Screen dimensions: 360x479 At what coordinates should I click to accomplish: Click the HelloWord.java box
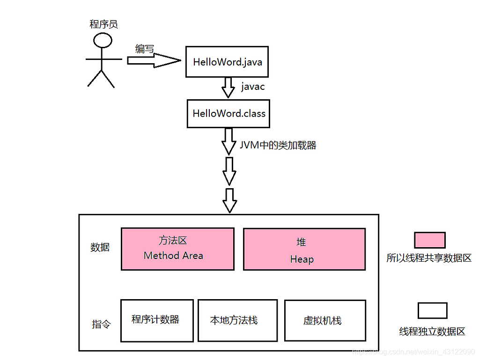[x=227, y=62]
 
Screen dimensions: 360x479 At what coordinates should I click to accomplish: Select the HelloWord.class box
[x=228, y=113]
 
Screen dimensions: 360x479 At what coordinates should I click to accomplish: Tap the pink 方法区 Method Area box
[x=177, y=249]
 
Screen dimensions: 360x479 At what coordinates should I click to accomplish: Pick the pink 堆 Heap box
[x=304, y=249]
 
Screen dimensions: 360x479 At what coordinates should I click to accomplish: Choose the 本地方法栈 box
[x=237, y=320]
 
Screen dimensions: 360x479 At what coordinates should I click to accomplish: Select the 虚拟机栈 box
[x=325, y=320]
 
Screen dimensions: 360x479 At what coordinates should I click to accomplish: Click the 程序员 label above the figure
[x=103, y=24]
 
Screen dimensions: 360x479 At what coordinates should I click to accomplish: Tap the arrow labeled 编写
[x=154, y=60]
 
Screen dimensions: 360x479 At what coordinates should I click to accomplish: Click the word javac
[x=253, y=87]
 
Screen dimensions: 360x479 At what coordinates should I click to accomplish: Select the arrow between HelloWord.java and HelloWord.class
[x=228, y=88]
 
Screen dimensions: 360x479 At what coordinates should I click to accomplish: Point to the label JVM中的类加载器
[x=278, y=146]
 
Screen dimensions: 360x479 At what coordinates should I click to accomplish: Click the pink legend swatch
[x=429, y=240]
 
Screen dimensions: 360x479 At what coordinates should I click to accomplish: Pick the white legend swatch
[x=432, y=310]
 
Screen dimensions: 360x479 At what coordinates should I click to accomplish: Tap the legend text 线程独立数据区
[x=432, y=331]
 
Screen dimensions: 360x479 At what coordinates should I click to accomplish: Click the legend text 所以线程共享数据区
[x=429, y=258]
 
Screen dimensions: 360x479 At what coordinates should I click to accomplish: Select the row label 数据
[x=100, y=247]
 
